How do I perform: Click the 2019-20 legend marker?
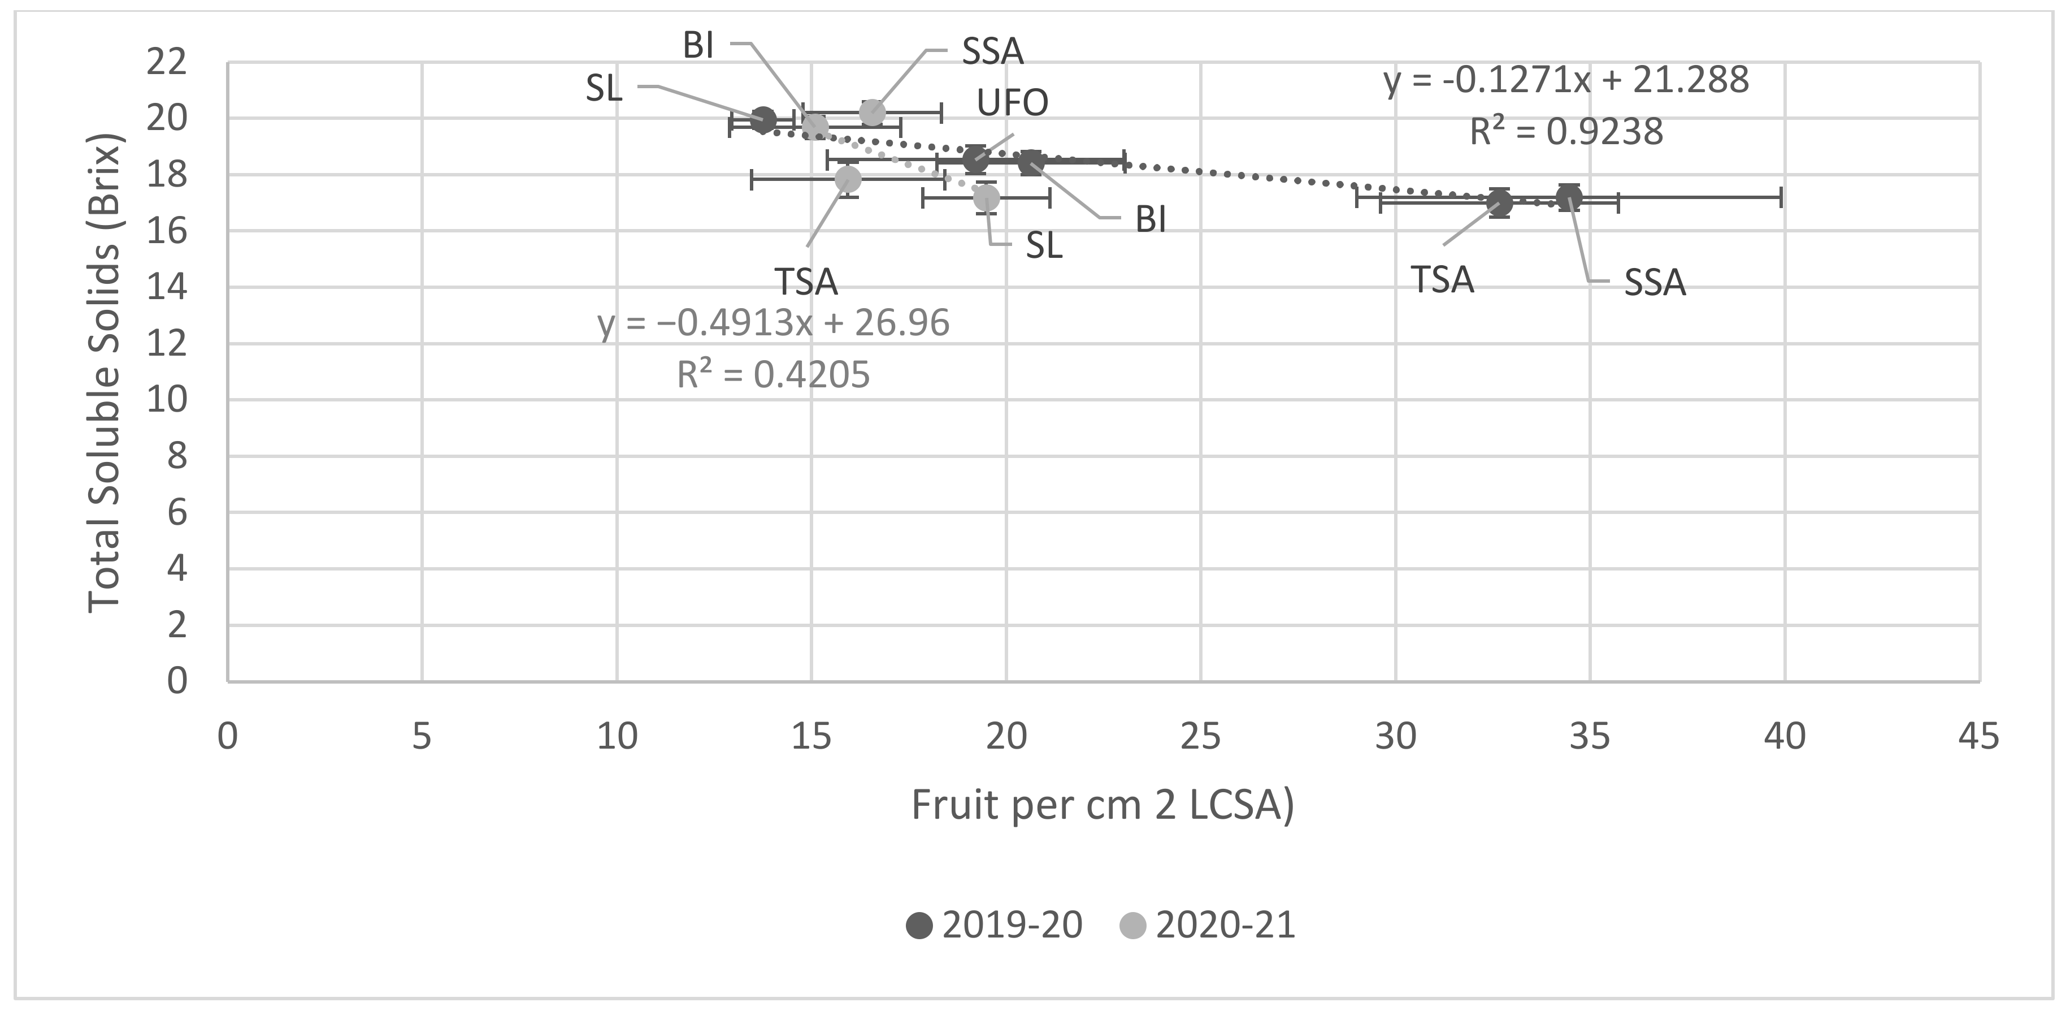[x=919, y=925]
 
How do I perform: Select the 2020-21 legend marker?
[x=1132, y=925]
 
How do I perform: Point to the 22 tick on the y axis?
[x=166, y=62]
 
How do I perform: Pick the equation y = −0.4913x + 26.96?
[x=773, y=322]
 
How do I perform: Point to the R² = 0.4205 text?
[x=773, y=374]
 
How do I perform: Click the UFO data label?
[x=1012, y=103]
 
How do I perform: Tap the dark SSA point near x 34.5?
[x=1569, y=197]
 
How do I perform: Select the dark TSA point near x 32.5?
[x=1499, y=203]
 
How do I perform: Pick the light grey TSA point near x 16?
[x=848, y=179]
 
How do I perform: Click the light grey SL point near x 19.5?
[x=987, y=197]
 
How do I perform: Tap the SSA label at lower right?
[x=1655, y=283]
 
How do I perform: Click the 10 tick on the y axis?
[x=166, y=400]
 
